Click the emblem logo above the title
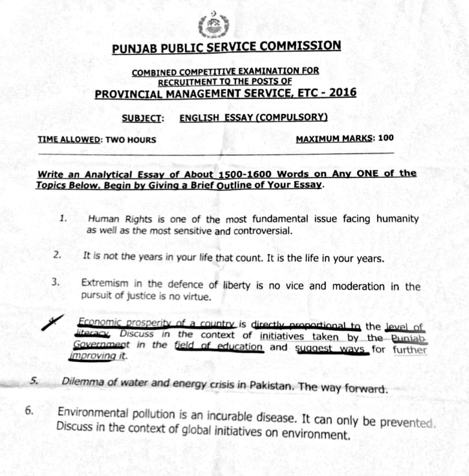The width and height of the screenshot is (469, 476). (214, 26)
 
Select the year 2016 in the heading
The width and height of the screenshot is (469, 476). (343, 93)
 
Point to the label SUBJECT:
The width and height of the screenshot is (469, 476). (142, 118)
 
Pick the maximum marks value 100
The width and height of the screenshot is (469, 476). (386, 138)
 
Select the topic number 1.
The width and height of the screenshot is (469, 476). (63, 219)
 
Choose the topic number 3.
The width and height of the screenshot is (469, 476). (56, 282)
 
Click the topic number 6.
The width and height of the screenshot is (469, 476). (29, 411)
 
